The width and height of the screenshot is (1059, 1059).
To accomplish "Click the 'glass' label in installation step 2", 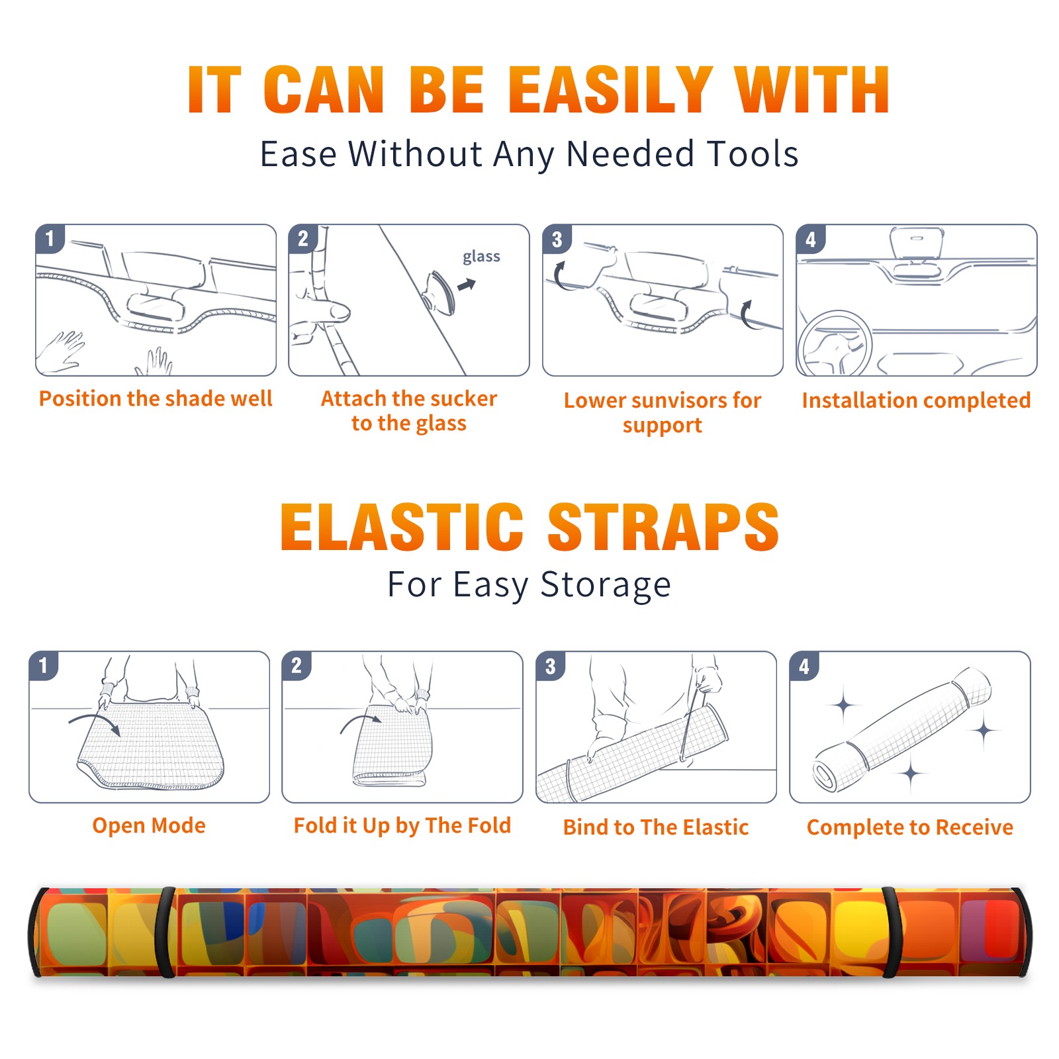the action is pos(481,257).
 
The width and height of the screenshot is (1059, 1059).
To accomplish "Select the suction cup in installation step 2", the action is pos(440,293).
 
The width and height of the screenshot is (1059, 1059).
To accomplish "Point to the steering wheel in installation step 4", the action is pos(835,344).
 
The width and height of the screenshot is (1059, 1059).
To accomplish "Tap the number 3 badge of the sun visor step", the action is pos(557,239).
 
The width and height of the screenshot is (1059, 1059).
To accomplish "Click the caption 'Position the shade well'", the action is pos(156,398).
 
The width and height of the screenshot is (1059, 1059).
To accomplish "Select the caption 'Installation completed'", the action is pos(916,400).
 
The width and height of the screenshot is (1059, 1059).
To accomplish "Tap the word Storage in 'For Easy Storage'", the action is pos(606,586).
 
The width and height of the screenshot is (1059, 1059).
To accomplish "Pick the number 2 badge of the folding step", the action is pos(297,665).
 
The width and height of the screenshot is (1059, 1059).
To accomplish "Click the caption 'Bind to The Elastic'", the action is pos(656,827).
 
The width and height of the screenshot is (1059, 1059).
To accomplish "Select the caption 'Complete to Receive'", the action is pos(910,827).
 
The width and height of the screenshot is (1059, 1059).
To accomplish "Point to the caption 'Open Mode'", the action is pos(149,825).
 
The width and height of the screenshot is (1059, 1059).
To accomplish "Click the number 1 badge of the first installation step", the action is pos(50,238).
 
